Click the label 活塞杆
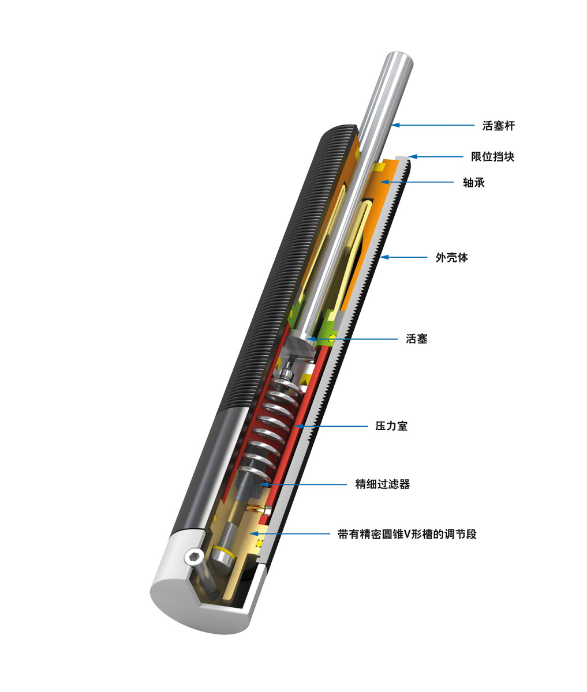[x=498, y=125]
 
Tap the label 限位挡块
[x=492, y=156]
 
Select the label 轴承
[x=473, y=183]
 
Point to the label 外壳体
[x=451, y=257]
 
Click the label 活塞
[x=417, y=339]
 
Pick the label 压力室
[x=391, y=426]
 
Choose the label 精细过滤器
[x=382, y=484]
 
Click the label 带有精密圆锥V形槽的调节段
[x=407, y=535]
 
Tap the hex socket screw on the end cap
[x=193, y=556]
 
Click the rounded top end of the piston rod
[x=398, y=58]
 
